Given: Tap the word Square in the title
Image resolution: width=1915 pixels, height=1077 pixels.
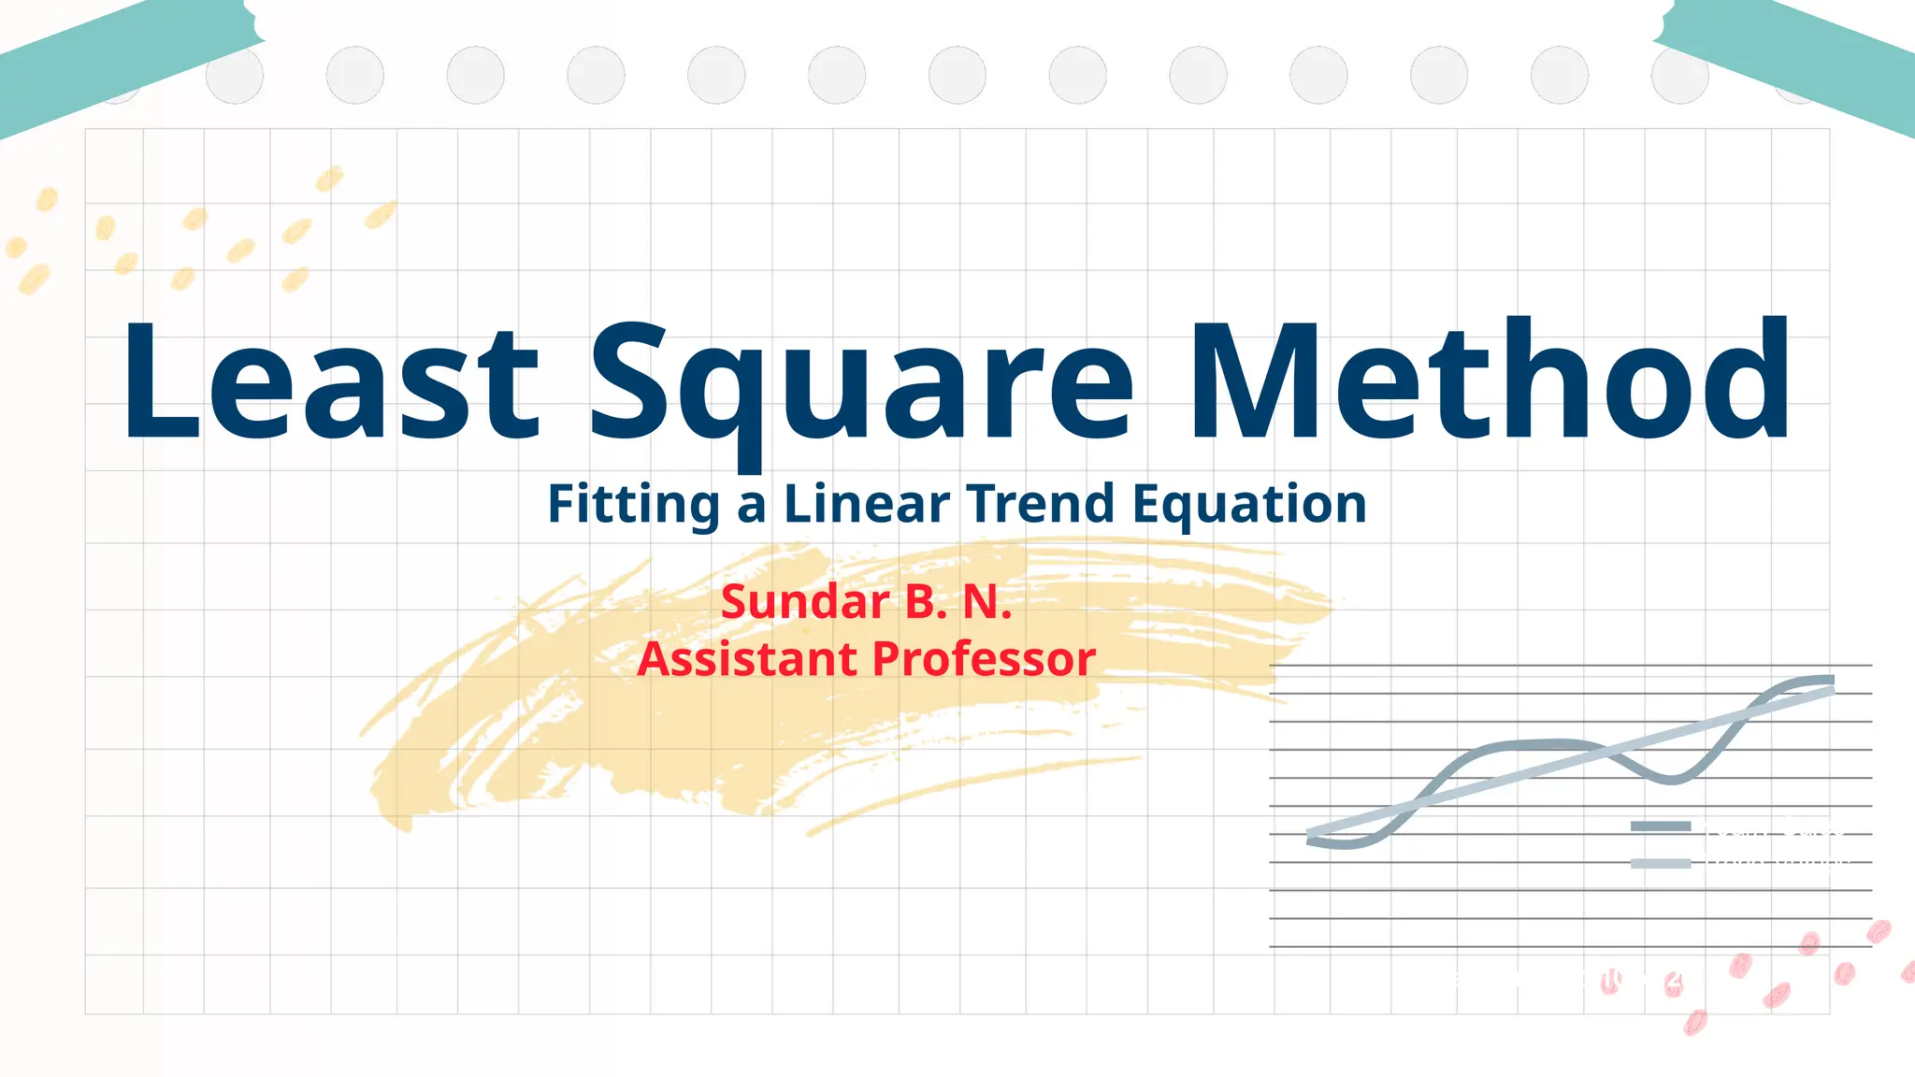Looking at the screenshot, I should click(x=860, y=383).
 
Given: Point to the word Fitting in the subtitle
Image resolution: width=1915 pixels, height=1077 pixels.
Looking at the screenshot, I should click(x=633, y=505).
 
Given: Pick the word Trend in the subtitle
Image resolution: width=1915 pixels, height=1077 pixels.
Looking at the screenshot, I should click(x=1041, y=505).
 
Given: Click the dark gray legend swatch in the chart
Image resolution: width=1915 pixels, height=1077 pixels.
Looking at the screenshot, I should click(x=1661, y=826).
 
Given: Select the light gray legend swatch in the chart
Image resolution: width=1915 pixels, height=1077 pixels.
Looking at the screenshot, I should click(x=1661, y=863).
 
